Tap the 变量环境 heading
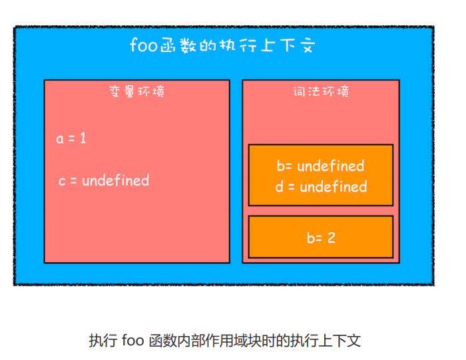click(136, 91)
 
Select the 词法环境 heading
click(321, 92)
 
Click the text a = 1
click(71, 138)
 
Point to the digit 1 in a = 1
click(83, 138)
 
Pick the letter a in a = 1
click(60, 139)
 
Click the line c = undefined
click(103, 180)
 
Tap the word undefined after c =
click(115, 180)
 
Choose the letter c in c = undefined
click(62, 180)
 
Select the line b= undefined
click(320, 165)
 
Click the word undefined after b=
click(330, 165)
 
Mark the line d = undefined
click(321, 186)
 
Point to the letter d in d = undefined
click(280, 186)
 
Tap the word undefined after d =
click(333, 186)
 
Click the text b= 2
click(320, 237)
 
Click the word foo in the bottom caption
click(130, 341)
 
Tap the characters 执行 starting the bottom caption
click(102, 341)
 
